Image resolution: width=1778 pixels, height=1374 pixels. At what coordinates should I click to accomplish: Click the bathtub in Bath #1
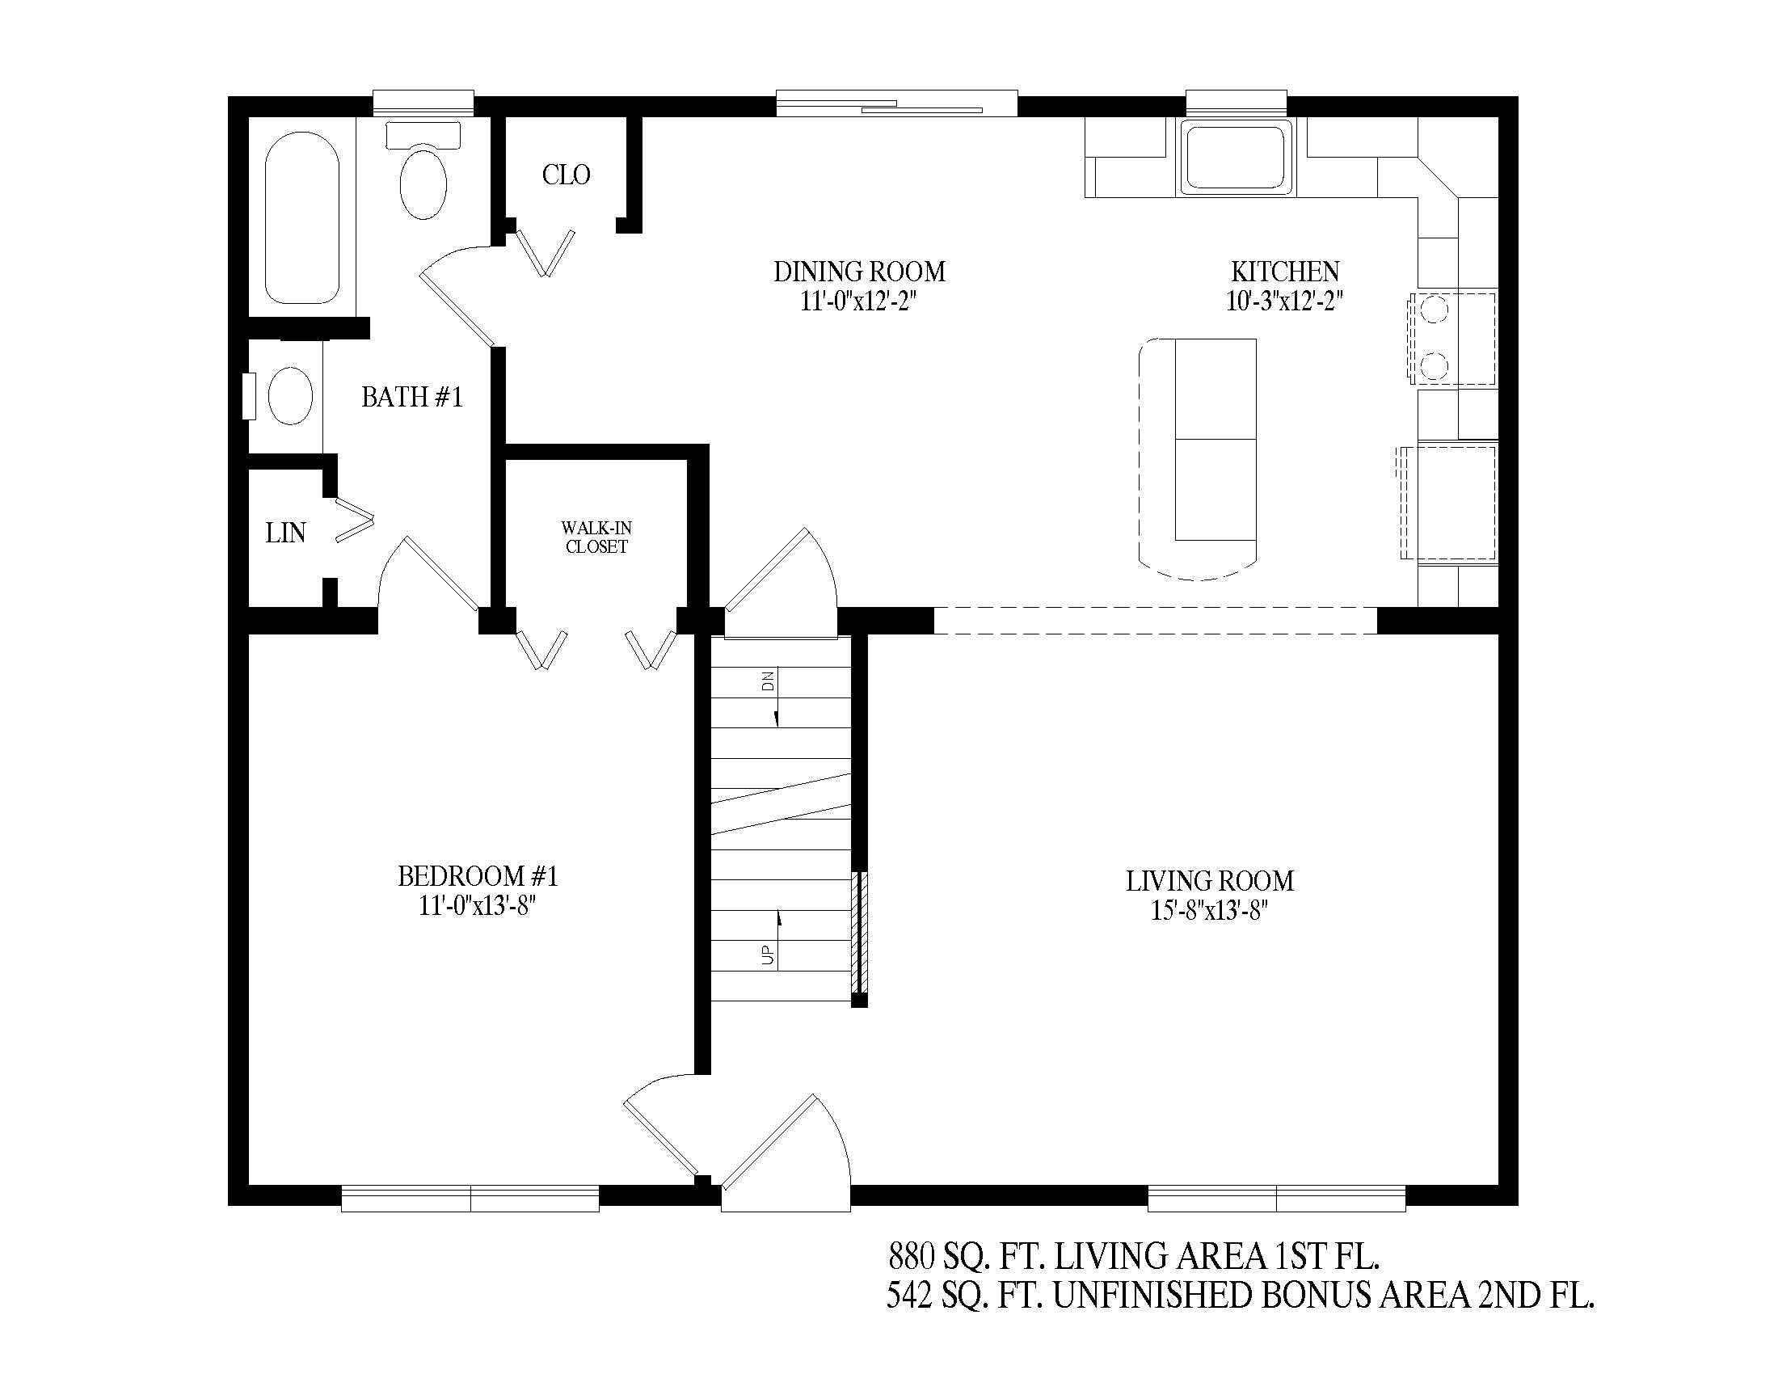coord(302,217)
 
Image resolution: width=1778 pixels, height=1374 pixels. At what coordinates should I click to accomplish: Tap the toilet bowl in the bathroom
coord(423,183)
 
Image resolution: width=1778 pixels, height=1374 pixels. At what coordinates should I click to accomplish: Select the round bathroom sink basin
coord(290,395)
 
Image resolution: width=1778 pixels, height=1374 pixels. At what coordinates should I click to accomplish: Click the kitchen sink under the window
coord(1237,157)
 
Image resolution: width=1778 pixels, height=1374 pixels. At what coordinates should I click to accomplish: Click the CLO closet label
coord(566,175)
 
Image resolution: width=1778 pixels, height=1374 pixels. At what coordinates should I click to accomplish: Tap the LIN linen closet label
coord(286,533)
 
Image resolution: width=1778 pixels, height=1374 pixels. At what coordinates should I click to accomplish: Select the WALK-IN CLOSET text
coord(596,537)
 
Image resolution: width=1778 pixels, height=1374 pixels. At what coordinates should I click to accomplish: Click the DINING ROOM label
coord(860,271)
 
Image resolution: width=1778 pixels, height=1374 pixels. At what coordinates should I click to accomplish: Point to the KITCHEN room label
coord(1285,271)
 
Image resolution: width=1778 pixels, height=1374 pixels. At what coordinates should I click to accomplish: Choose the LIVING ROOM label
coord(1210,881)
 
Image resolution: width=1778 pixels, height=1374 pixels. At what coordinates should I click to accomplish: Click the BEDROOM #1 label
coord(478,876)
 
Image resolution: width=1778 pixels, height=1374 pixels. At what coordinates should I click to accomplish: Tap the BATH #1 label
coord(412,396)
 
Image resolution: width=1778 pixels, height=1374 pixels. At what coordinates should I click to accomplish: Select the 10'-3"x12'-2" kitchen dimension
coord(1285,301)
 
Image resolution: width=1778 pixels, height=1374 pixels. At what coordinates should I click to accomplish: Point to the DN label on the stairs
coord(768,681)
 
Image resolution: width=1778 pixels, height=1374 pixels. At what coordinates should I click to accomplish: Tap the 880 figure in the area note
coord(911,1257)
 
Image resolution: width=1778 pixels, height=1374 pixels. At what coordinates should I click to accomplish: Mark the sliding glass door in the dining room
coord(896,103)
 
